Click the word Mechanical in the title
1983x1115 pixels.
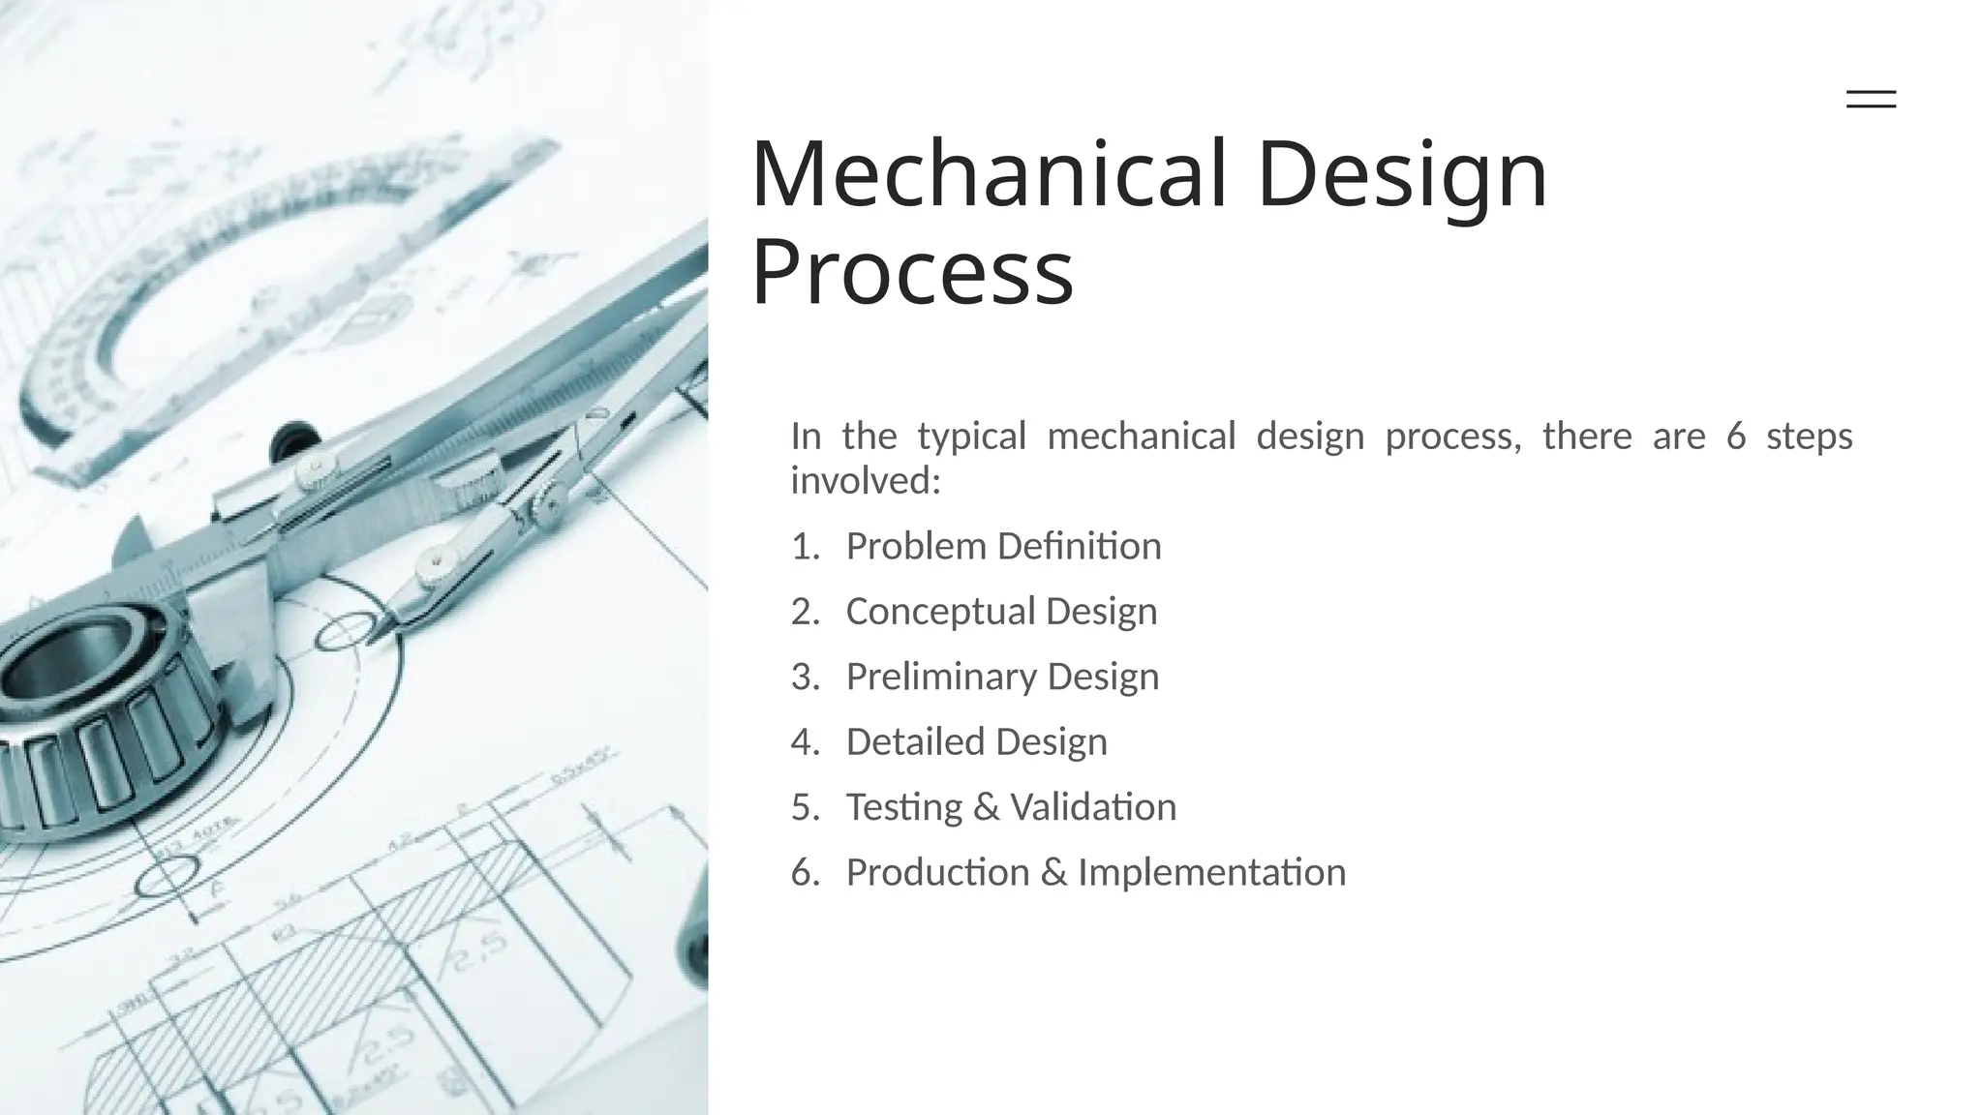point(989,174)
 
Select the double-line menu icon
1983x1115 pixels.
point(1871,99)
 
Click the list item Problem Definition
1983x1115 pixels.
point(1003,546)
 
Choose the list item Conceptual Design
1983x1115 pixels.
point(1001,611)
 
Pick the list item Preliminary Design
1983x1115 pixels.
point(1002,676)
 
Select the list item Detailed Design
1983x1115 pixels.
point(976,741)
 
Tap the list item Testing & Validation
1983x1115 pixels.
point(1011,806)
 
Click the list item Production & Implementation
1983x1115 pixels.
point(1095,872)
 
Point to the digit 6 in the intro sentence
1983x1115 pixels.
point(1736,437)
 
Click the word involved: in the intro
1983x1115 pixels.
point(866,480)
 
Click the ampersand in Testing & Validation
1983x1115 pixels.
point(986,807)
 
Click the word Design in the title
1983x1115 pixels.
point(1402,174)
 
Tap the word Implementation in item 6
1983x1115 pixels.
point(1211,872)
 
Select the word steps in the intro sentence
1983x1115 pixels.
point(1809,437)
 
